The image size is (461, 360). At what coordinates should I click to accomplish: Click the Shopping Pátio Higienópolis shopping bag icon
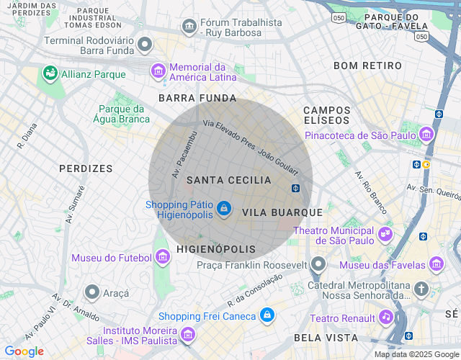tap(224, 209)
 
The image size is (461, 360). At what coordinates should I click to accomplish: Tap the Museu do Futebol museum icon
tap(163, 257)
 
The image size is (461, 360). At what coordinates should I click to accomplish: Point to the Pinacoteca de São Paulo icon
tap(427, 135)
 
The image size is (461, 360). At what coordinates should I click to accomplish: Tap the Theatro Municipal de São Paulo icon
tap(385, 233)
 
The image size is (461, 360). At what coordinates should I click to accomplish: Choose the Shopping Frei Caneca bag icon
tap(267, 315)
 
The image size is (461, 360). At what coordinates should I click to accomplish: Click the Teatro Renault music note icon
tap(386, 318)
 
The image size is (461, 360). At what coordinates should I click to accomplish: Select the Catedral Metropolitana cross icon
tap(421, 289)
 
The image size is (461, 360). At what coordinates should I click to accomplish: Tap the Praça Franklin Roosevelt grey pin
tap(318, 264)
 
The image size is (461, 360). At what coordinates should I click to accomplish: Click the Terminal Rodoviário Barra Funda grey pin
tap(145, 45)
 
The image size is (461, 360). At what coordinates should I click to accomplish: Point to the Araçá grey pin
tap(92, 292)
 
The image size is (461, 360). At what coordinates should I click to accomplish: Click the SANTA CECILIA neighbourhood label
tap(228, 180)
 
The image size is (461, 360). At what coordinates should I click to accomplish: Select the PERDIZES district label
tap(86, 168)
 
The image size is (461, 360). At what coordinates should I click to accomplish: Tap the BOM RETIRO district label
tap(367, 66)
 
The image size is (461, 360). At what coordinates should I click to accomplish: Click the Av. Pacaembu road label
tap(184, 155)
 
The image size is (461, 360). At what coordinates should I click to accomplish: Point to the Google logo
tap(24, 351)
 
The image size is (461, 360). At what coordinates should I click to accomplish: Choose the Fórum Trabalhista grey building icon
tap(189, 27)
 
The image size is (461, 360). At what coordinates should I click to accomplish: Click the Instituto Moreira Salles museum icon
tap(188, 334)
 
